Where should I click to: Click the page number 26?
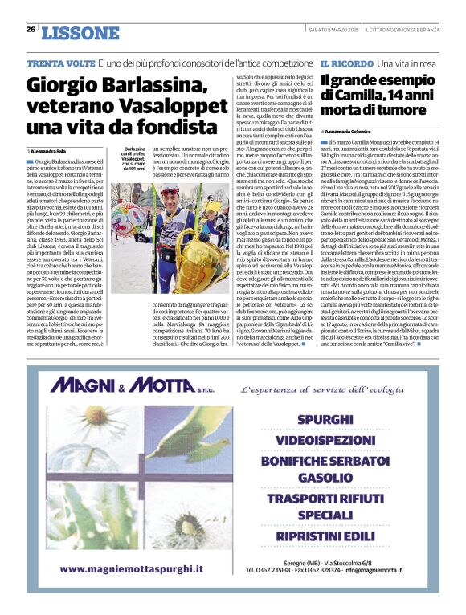point(31,30)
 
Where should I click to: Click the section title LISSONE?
point(80,33)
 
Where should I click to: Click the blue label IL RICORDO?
point(346,63)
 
